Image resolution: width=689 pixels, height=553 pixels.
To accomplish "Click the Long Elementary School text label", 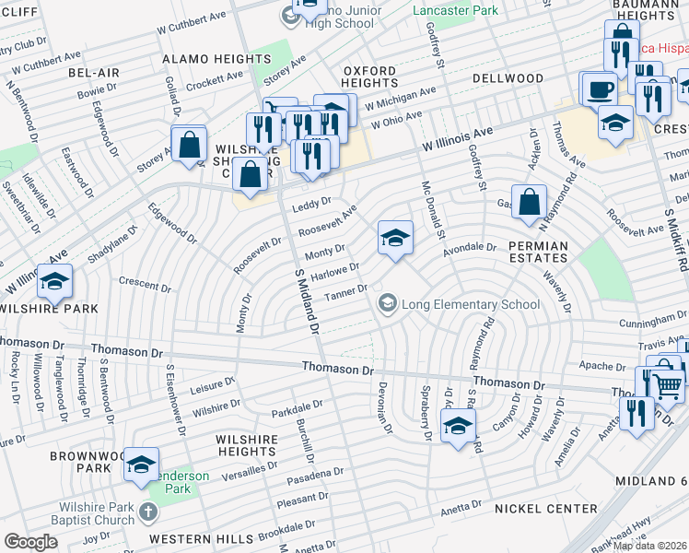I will point(470,304).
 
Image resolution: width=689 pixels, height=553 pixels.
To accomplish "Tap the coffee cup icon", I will point(600,89).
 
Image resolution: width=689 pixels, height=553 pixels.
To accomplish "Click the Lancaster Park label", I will point(455,10).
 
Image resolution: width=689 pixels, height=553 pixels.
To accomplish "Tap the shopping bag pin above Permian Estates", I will point(530,204).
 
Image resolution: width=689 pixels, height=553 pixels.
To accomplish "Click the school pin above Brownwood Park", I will point(140,466).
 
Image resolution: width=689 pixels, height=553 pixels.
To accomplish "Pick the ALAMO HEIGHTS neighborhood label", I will point(216,59).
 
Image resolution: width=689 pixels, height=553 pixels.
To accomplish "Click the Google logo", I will point(30,542).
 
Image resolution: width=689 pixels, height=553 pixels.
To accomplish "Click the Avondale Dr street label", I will point(470,247).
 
